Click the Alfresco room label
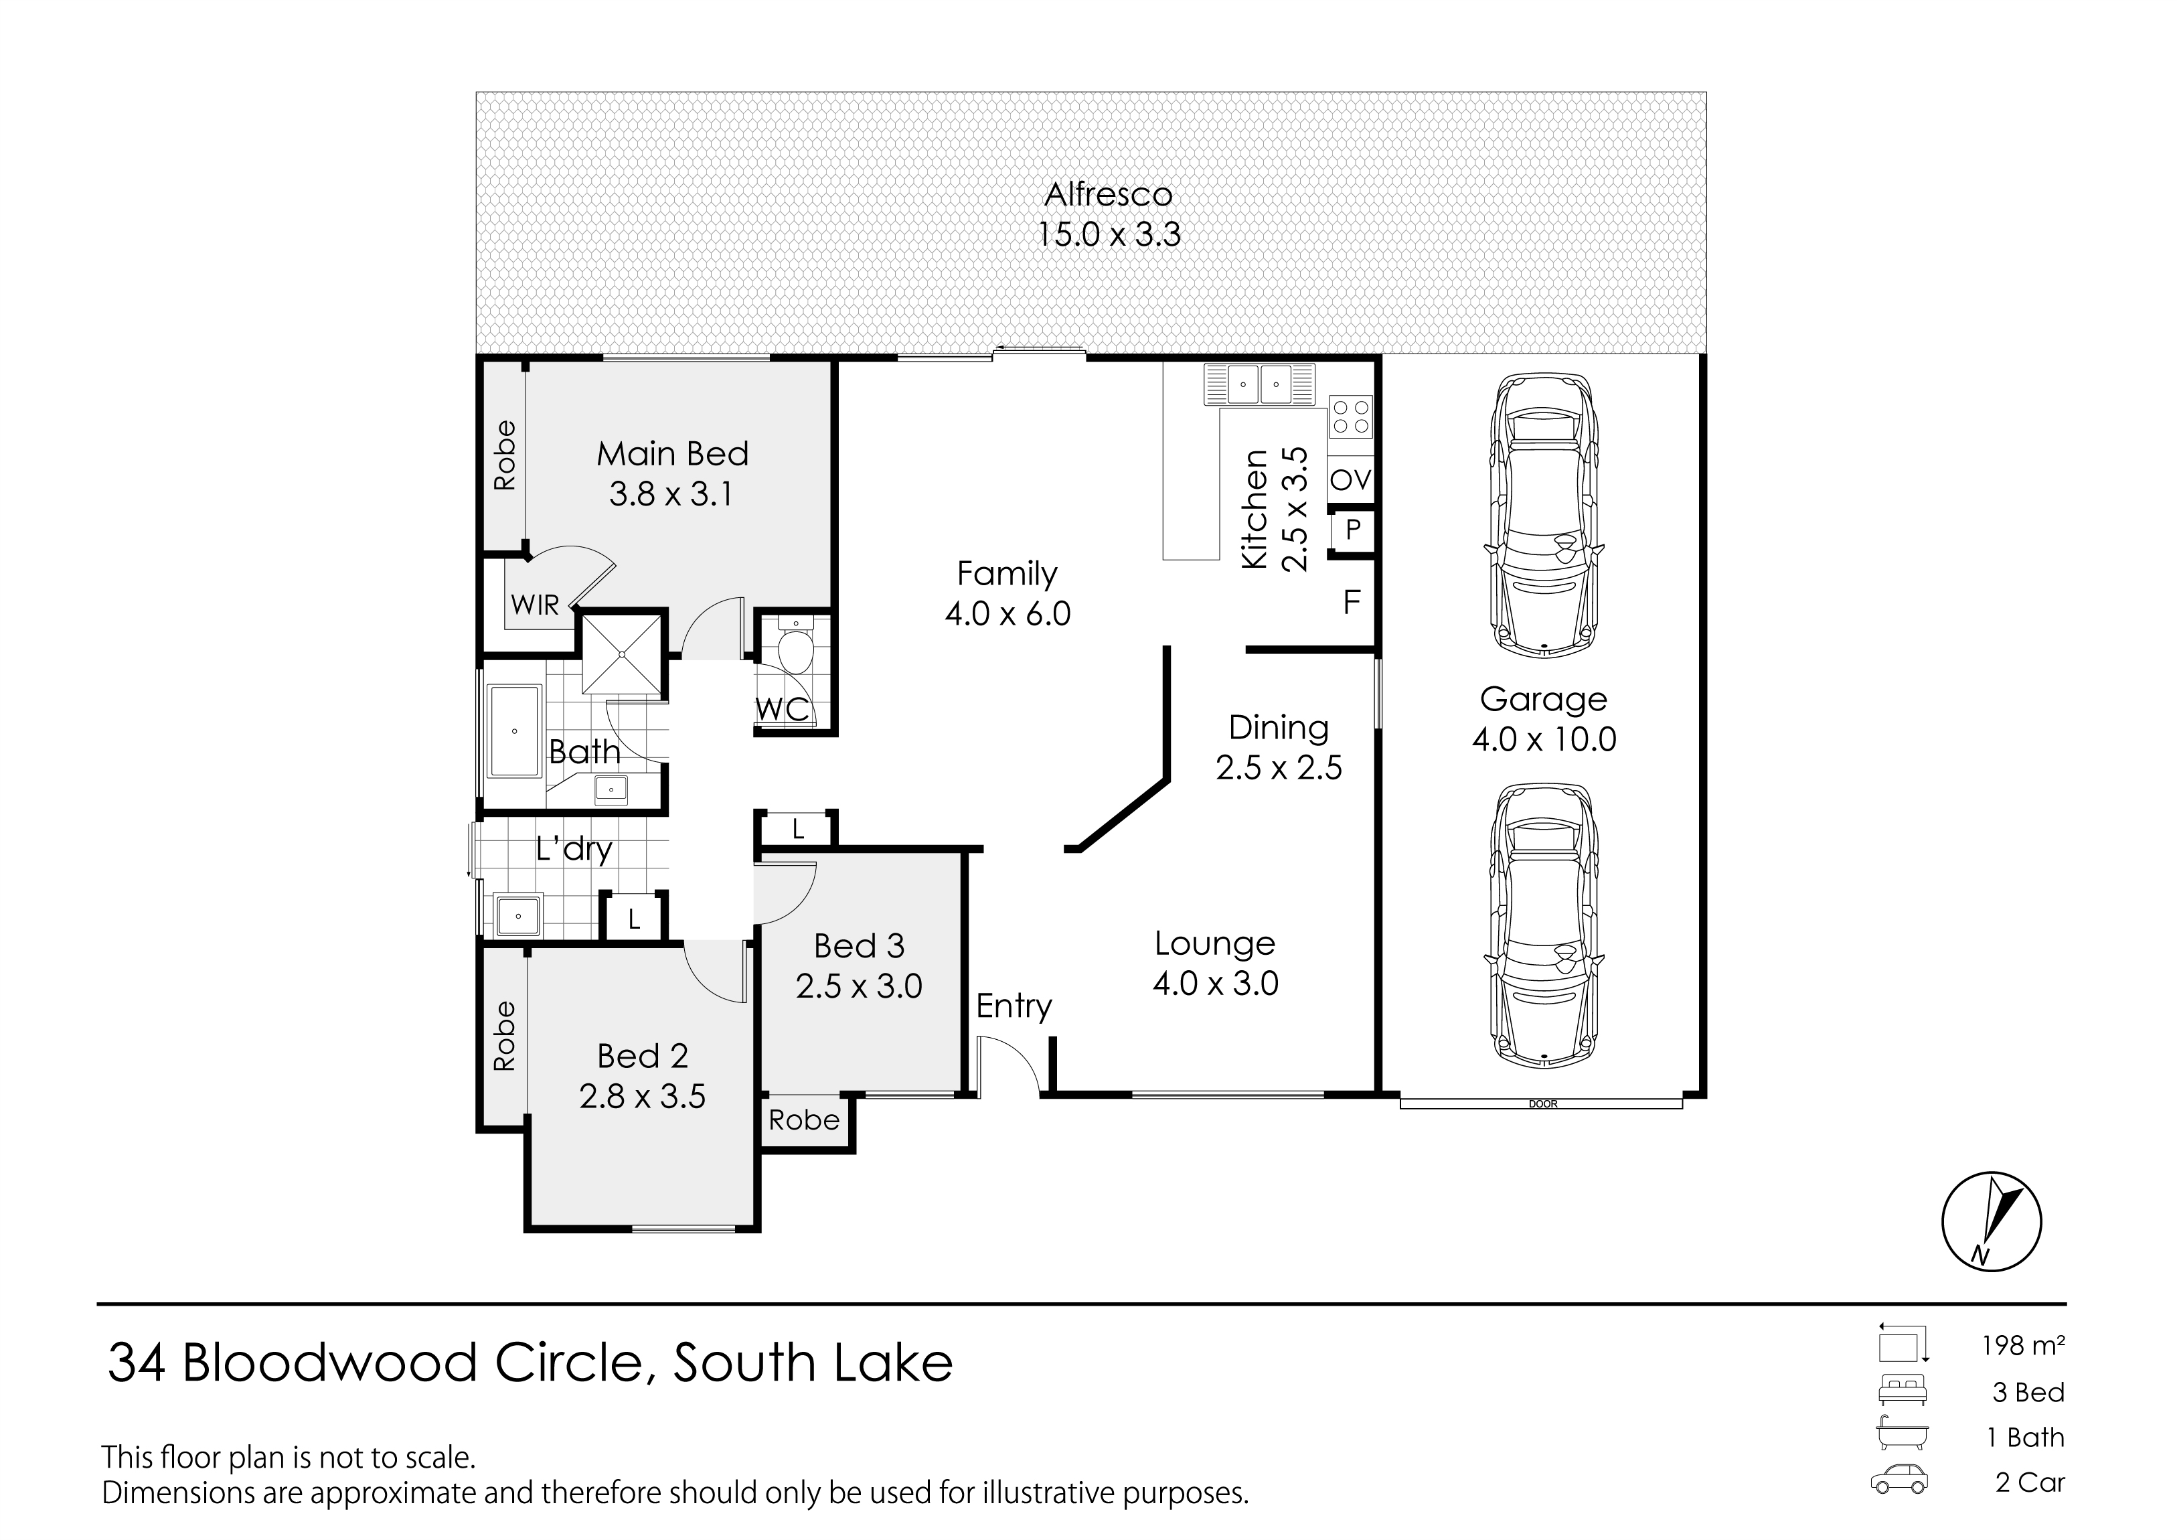1109,194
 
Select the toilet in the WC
795,644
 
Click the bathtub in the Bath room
514,731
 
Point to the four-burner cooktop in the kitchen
1351,417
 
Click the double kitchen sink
1259,385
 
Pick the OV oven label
1351,479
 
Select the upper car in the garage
1544,513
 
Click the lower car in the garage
1544,925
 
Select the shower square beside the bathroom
621,654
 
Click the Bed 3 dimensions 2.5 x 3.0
859,986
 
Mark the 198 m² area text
2024,1344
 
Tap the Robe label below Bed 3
804,1120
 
